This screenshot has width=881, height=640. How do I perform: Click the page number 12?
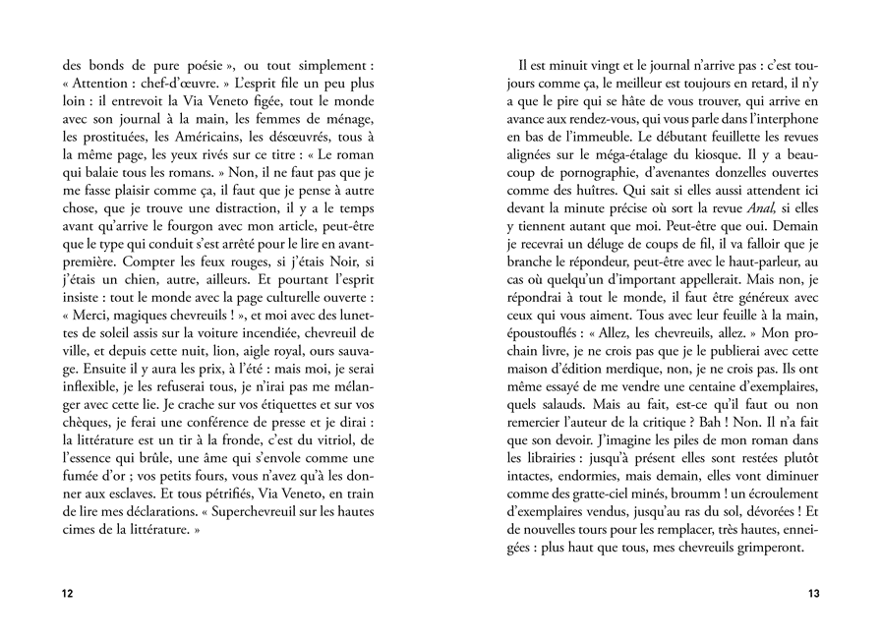[67, 594]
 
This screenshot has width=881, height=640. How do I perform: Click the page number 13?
[813, 594]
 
